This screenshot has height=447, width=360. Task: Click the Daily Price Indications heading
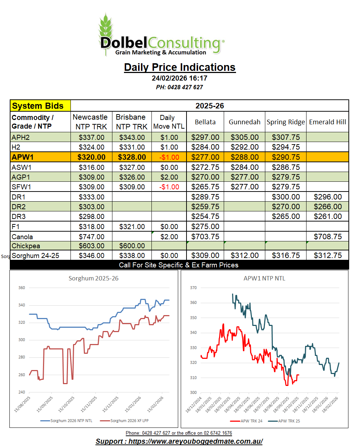[180, 67]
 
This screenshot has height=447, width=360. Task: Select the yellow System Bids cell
[40, 106]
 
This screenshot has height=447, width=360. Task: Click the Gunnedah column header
[244, 122]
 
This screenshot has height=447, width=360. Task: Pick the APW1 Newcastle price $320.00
[91, 157]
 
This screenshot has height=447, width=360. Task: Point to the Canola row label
[22, 237]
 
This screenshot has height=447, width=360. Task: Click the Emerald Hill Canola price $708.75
[327, 237]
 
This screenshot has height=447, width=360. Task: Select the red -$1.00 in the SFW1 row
[169, 187]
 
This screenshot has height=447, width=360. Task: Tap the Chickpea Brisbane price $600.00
[132, 246]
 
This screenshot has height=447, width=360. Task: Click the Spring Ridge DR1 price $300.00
[286, 197]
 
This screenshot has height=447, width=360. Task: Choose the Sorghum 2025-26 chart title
[94, 278]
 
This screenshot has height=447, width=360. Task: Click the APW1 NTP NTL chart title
[264, 278]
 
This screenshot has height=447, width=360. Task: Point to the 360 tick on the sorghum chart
[22, 288]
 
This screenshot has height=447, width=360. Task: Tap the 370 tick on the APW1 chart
[193, 288]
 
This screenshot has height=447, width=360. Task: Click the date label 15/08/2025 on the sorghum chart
[22, 404]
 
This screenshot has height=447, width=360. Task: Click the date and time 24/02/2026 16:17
[180, 78]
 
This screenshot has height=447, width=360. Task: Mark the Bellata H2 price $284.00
[205, 147]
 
